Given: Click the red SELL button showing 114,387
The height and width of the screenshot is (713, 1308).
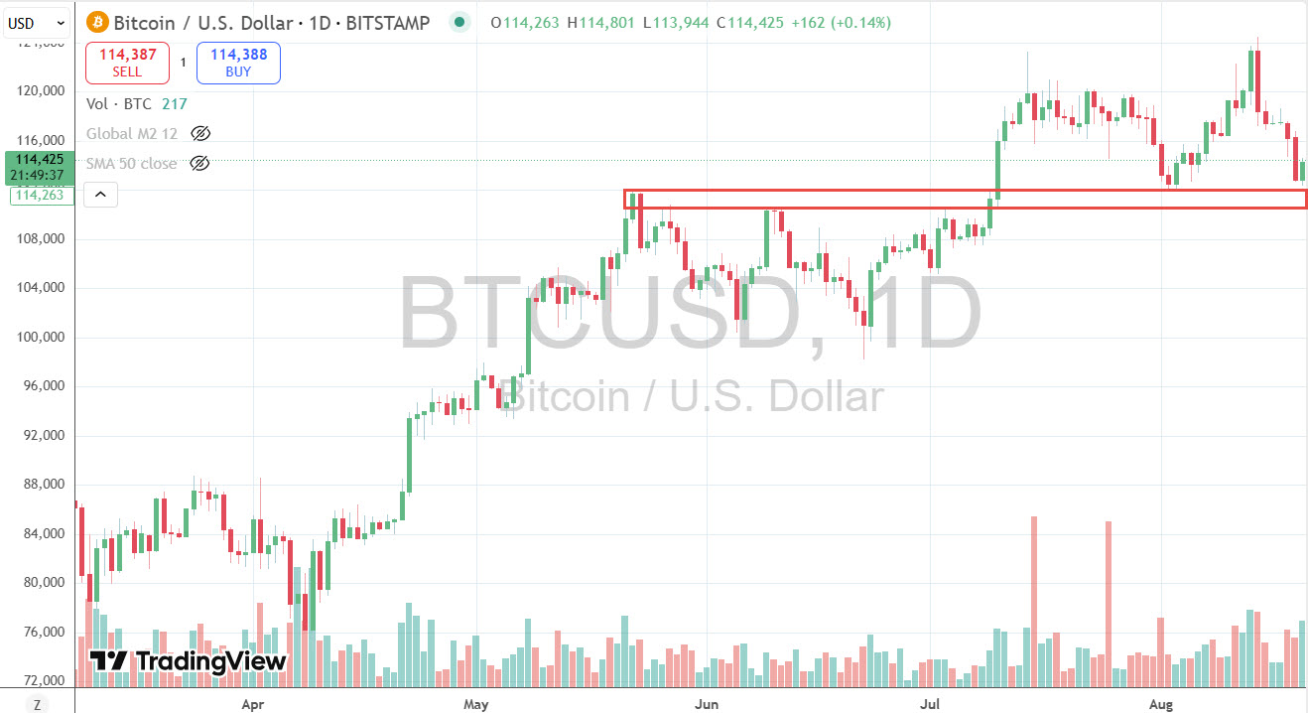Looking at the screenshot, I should [127, 63].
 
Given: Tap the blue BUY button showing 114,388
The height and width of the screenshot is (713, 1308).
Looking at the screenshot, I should [238, 63].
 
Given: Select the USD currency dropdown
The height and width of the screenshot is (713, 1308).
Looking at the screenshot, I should [37, 22].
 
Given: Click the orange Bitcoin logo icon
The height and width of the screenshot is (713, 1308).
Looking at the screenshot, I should [97, 22].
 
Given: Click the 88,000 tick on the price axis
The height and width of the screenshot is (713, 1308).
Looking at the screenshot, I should [41, 485].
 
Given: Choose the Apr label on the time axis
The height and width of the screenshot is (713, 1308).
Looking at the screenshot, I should [253, 705].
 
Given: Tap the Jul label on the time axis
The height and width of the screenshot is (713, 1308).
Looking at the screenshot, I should [931, 705].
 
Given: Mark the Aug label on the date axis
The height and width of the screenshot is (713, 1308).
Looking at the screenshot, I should [1160, 705].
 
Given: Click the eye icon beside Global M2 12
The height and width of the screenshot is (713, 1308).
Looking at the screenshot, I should [200, 133].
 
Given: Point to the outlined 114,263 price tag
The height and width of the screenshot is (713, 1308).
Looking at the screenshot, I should [39, 195].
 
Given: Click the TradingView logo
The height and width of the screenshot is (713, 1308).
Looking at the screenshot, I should [188, 661].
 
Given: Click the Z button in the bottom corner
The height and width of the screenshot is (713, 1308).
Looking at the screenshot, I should [37, 705].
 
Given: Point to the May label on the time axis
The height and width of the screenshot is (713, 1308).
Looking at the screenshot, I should [476, 705].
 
